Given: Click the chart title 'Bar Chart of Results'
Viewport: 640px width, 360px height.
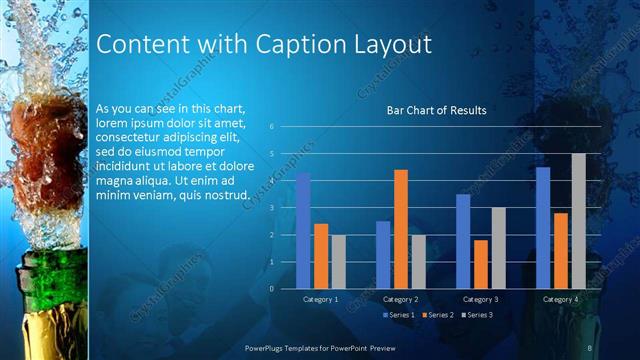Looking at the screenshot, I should click(x=436, y=110).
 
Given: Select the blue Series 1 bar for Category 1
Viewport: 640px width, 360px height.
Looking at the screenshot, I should click(x=303, y=230).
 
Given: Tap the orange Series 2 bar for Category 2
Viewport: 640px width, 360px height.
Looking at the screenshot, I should click(x=400, y=229).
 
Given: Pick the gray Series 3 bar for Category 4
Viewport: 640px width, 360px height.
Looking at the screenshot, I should click(x=578, y=221).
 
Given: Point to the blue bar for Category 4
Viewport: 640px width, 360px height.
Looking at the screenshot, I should click(x=543, y=228).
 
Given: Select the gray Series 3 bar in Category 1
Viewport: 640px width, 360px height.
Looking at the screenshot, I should click(x=338, y=262).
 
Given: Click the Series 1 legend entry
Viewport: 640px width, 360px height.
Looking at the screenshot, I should click(x=400, y=315).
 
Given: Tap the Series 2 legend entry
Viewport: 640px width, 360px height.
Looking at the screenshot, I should click(x=438, y=315).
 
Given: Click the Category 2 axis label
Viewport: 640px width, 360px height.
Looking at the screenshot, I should click(x=400, y=299).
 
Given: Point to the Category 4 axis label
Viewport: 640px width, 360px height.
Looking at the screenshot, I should click(x=561, y=299).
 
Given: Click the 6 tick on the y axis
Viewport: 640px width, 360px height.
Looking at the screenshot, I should click(x=271, y=128).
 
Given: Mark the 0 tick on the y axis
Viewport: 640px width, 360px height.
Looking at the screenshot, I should click(x=271, y=289).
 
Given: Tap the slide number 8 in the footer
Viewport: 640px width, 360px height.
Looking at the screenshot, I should click(x=590, y=346).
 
